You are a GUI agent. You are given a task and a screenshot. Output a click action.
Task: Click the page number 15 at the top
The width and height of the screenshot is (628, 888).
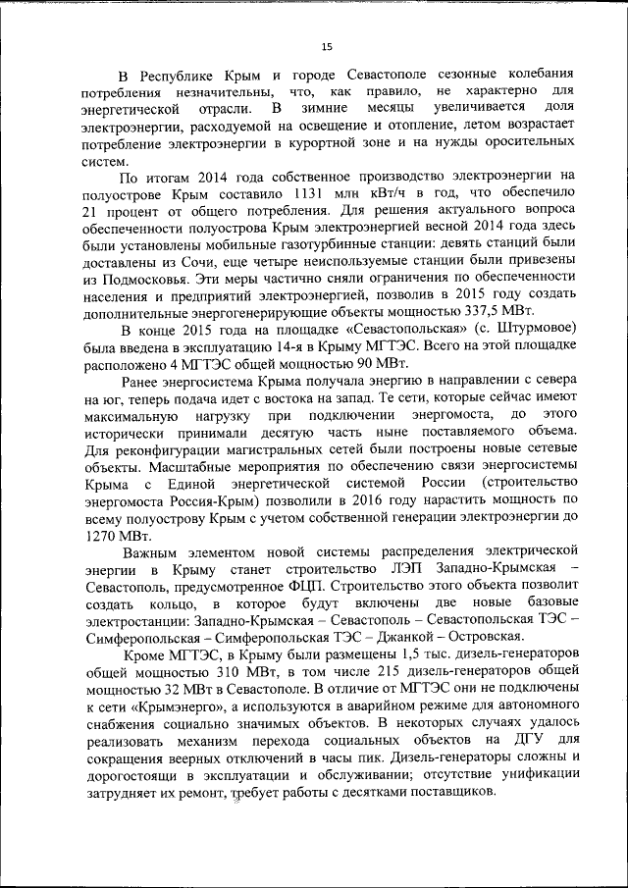327,46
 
